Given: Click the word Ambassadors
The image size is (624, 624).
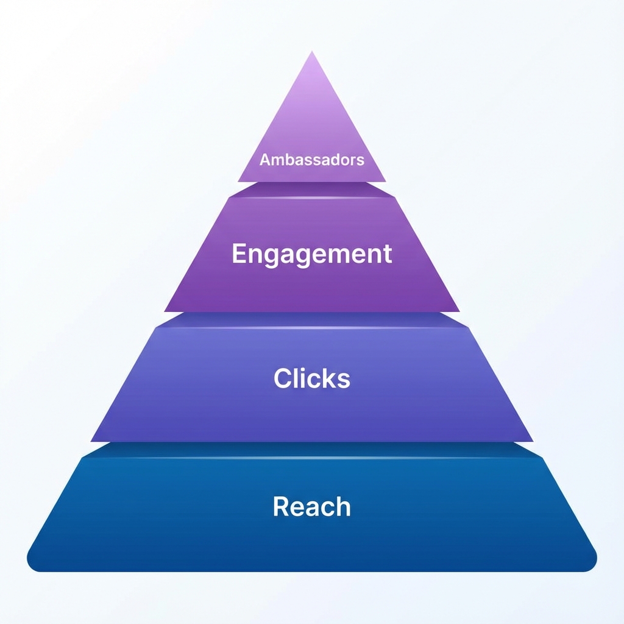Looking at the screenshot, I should pos(312,160).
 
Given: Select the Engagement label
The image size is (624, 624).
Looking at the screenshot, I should pos(312,253).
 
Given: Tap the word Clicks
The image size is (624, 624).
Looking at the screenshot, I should pos(312,378).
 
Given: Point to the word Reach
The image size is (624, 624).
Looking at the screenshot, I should pos(312,506).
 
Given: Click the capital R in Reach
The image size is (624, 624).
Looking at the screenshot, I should pos(280,506).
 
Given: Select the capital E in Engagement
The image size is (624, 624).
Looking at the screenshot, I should pos(238,253).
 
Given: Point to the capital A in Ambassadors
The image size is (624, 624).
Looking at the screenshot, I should pos(264,160).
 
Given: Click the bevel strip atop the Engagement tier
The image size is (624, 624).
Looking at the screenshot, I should pos(312,190).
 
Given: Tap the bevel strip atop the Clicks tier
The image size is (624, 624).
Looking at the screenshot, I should pos(312,321).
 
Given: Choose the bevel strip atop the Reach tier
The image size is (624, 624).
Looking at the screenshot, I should pos(312,450).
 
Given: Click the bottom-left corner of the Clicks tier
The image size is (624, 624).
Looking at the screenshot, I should pos(93,439).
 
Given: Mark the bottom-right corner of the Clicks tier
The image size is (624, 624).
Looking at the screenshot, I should pos(531,439).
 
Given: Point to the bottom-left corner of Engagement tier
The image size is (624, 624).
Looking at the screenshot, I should pos(166,310).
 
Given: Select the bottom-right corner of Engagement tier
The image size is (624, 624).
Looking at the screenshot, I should pos(458,310).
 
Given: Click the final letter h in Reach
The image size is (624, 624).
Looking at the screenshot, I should pos(344,506).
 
